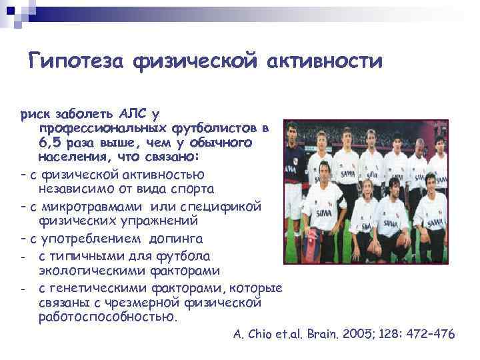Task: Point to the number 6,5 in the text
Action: pos(51,143)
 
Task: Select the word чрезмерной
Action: pos(150,303)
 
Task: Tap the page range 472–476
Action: pos(427,335)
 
